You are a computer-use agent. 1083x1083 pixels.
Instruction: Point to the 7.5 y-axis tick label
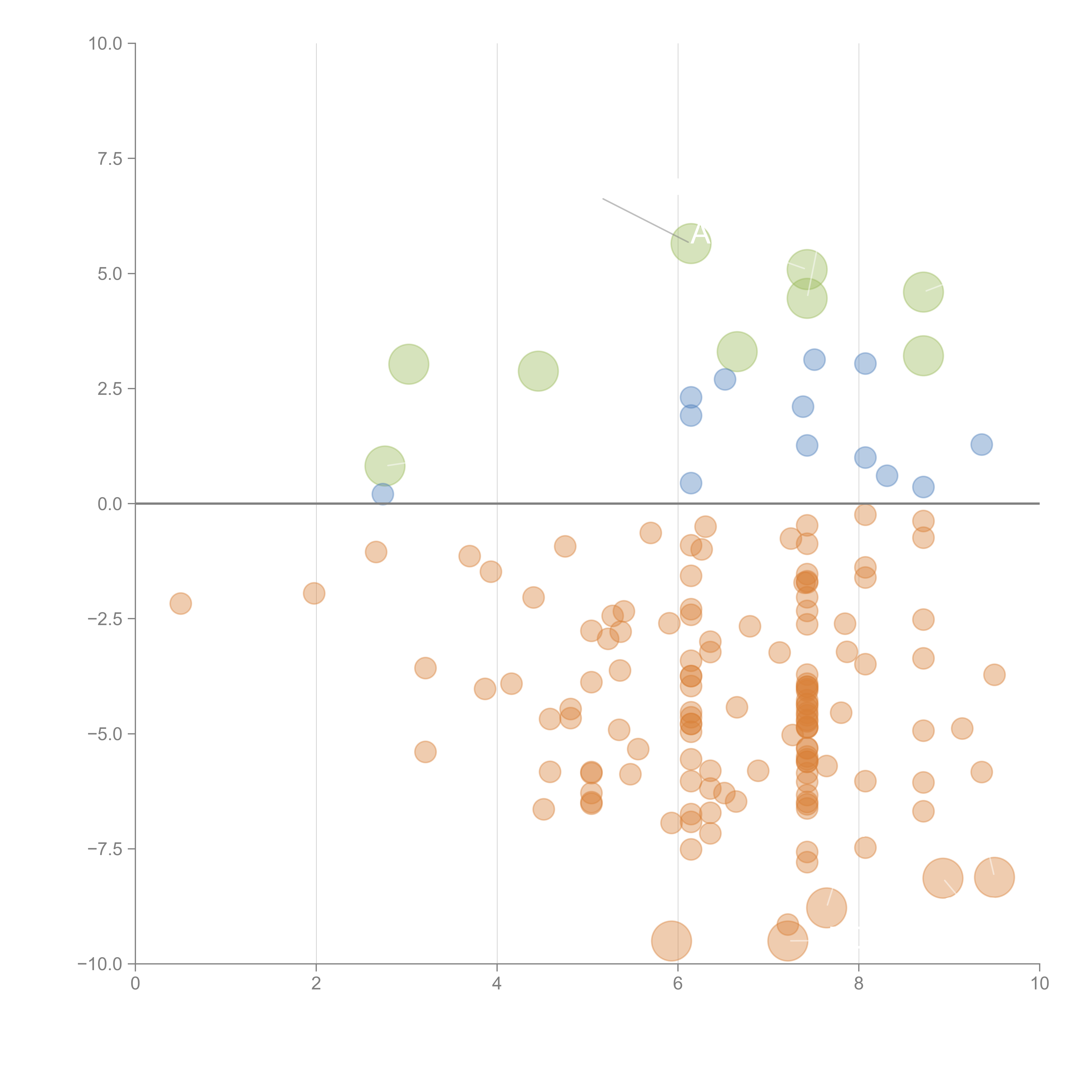pyautogui.click(x=110, y=159)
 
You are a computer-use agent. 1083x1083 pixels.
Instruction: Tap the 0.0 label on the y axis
pyautogui.click(x=110, y=504)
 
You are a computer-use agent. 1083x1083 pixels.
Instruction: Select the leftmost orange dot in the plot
pyautogui.click(x=180, y=604)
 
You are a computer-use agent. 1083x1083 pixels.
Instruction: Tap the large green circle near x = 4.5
pyautogui.click(x=538, y=371)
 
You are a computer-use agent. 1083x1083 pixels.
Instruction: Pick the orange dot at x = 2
pyautogui.click(x=314, y=593)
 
